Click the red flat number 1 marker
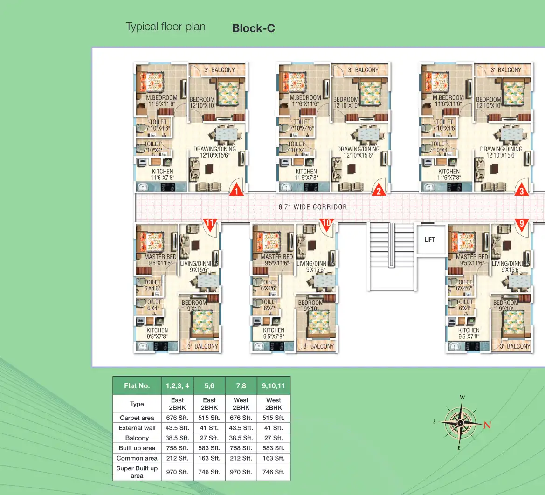point(236,190)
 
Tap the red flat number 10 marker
point(326,223)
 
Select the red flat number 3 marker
point(521,190)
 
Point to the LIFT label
point(429,240)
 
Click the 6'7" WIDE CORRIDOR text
point(313,207)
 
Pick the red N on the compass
point(487,425)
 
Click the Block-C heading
point(253,28)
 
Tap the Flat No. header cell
point(137,386)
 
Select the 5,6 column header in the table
point(209,386)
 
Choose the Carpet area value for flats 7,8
point(241,418)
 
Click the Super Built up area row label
point(137,472)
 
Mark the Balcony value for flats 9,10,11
point(274,438)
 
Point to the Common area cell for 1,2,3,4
point(178,458)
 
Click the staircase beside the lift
point(392,256)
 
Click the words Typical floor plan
point(166,27)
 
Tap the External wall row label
point(137,428)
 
